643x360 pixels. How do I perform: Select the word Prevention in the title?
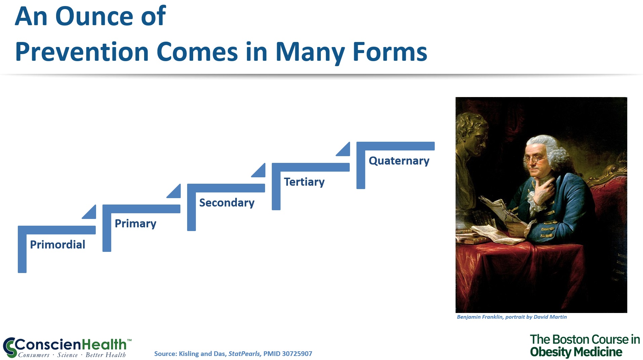82,52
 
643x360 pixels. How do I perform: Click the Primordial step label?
57,244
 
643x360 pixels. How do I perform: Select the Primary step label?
135,224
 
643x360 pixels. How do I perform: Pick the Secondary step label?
227,203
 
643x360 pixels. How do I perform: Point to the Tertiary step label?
304,182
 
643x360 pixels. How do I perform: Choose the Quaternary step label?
399,161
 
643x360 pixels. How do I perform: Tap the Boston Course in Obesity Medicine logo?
585,346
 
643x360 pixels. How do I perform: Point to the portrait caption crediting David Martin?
512,317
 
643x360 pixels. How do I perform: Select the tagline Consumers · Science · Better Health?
72,355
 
